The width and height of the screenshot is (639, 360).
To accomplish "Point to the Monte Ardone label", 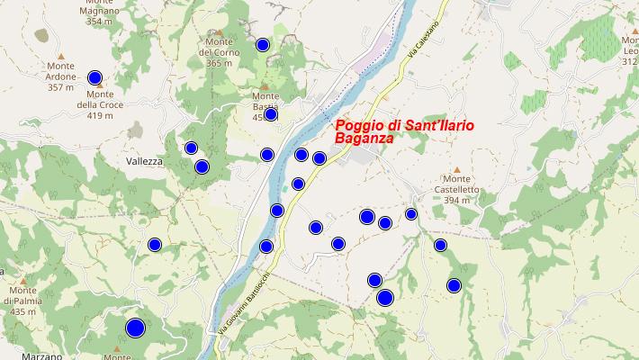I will pyautogui.click(x=61, y=82).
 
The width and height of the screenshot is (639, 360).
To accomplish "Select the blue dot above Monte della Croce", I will pyautogui.click(x=94, y=77).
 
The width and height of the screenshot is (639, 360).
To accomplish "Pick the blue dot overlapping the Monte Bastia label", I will pyautogui.click(x=270, y=114).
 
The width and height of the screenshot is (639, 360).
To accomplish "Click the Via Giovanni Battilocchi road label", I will pyautogui.click(x=244, y=305).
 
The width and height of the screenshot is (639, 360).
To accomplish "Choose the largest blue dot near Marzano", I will pyautogui.click(x=135, y=328).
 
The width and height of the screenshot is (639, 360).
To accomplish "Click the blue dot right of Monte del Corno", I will pyautogui.click(x=263, y=45).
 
